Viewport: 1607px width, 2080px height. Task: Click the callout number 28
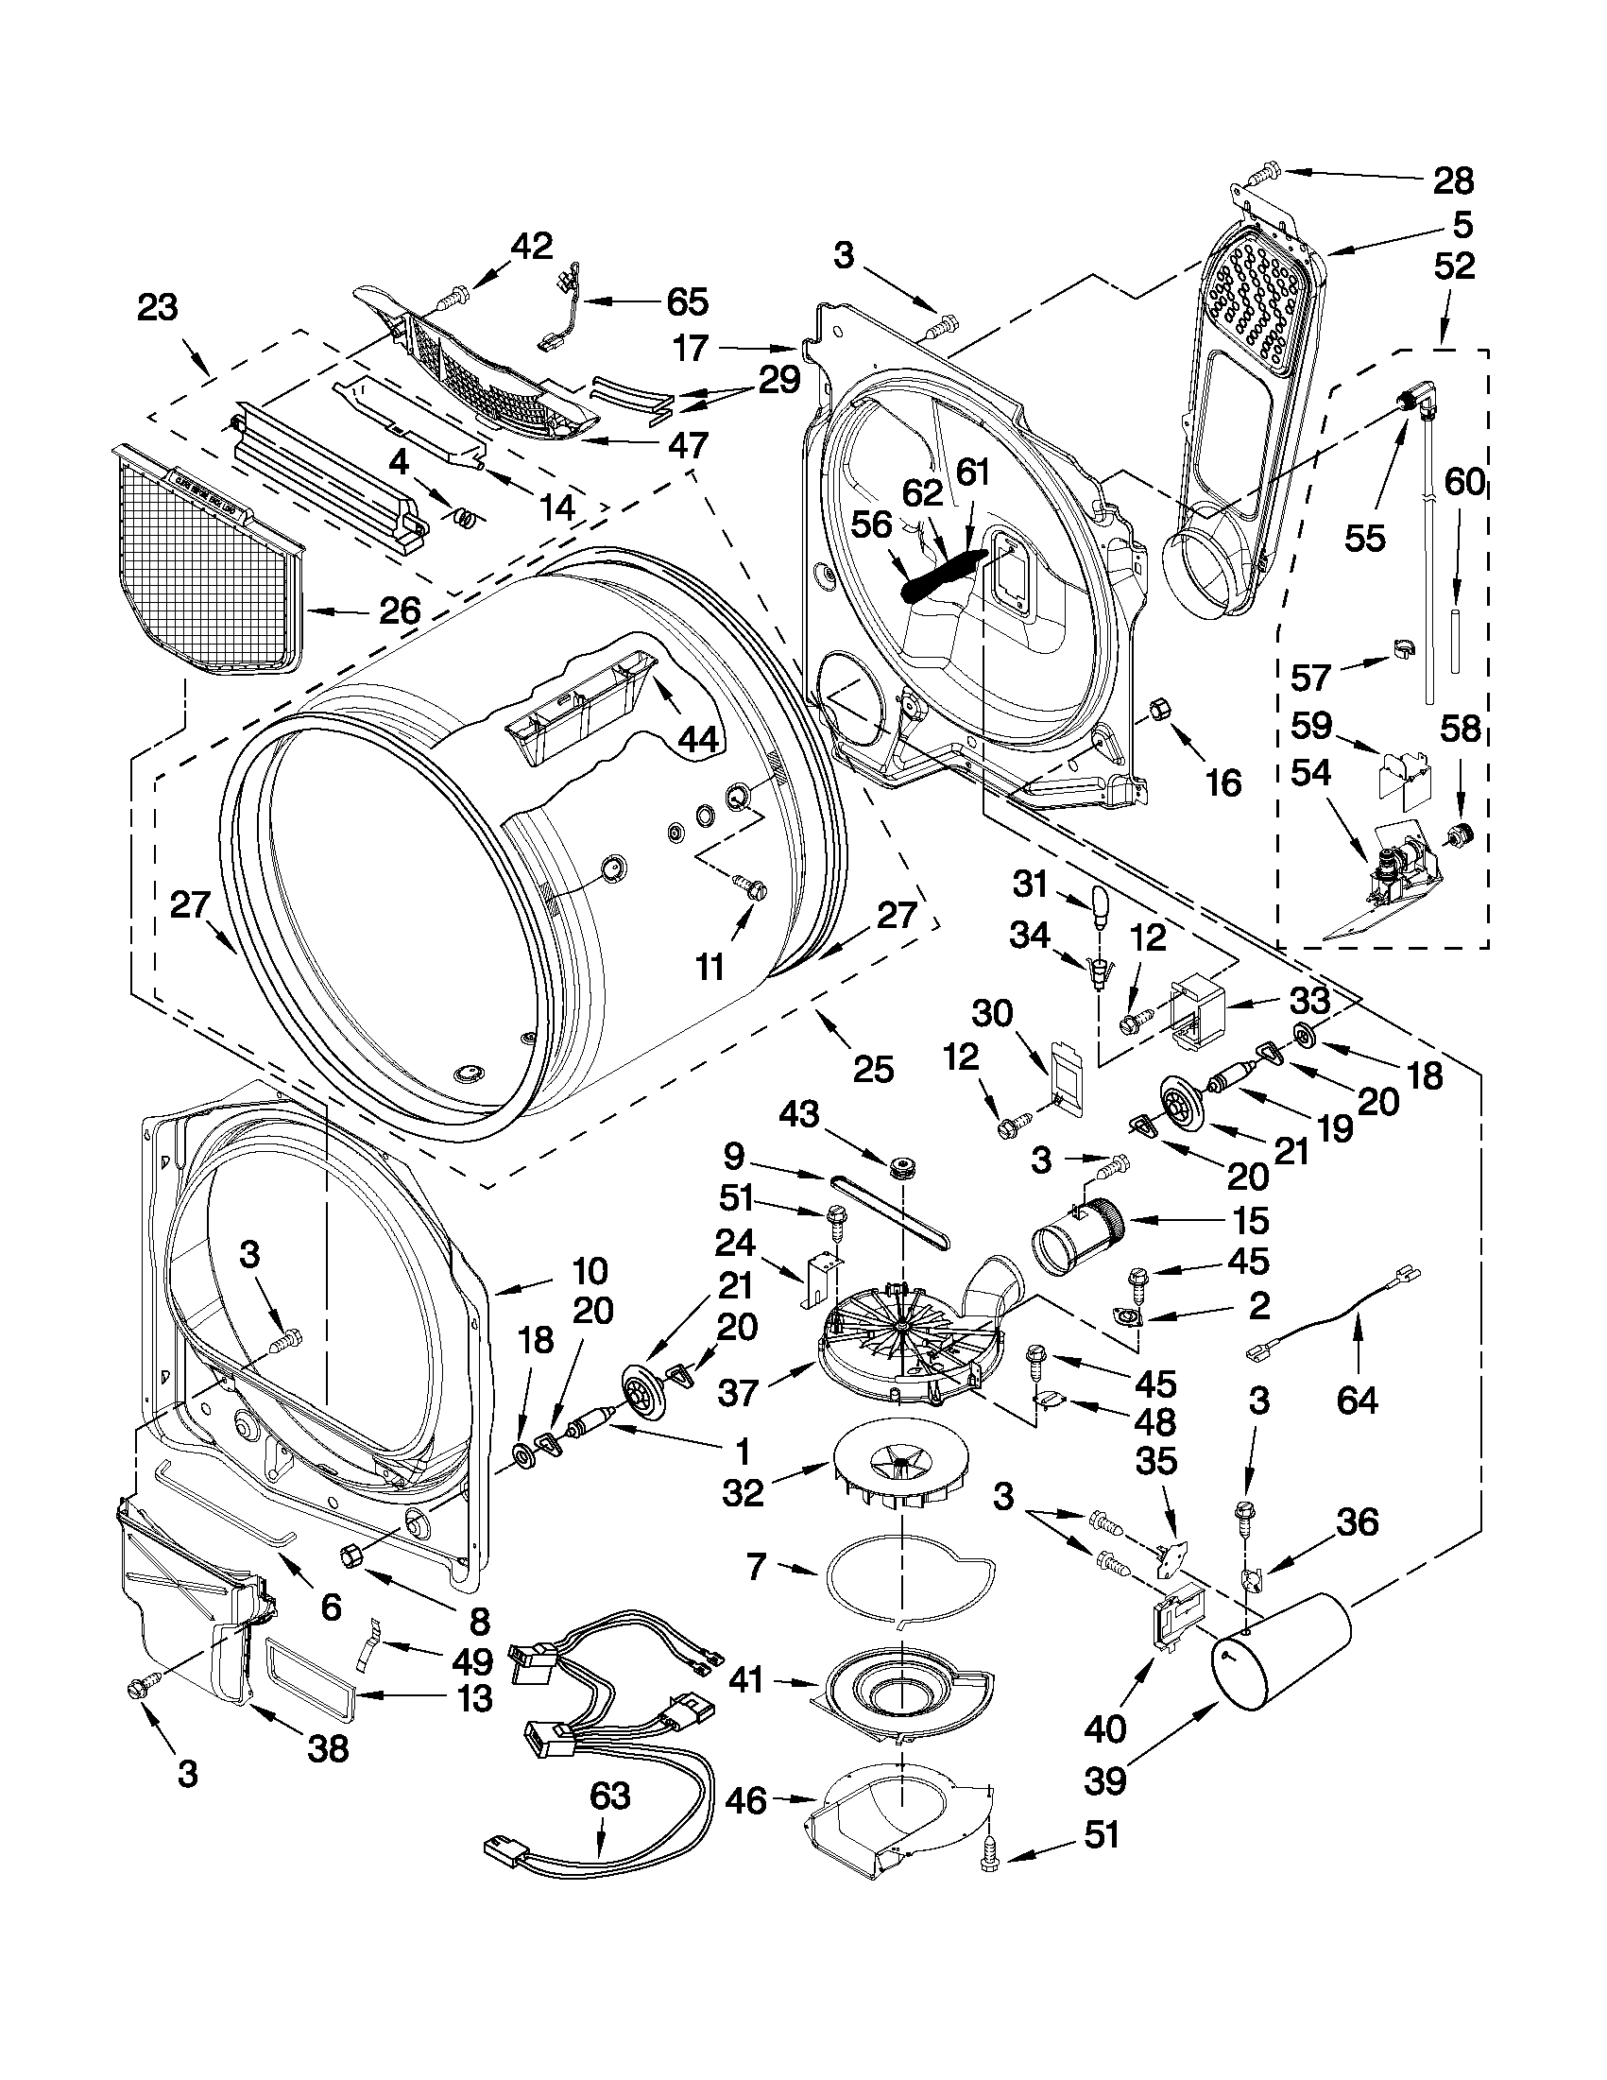[1454, 180]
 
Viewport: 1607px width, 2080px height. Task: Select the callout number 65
[687, 301]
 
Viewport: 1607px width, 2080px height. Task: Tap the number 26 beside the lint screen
[399, 610]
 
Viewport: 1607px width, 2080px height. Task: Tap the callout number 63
[609, 1796]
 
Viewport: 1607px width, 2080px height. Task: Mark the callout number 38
[328, 1747]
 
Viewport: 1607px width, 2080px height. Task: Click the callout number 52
[1454, 266]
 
